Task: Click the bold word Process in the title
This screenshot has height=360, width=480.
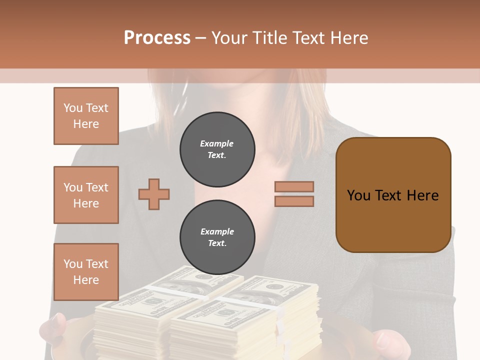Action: pyautogui.click(x=157, y=37)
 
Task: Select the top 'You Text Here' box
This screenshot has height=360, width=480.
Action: pyautogui.click(x=86, y=116)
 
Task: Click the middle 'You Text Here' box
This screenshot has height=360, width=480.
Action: pyautogui.click(x=86, y=195)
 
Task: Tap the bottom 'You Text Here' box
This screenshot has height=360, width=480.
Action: pyautogui.click(x=86, y=271)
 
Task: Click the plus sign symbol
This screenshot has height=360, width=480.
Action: pyautogui.click(x=154, y=194)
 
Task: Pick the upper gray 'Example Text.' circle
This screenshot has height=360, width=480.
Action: pyautogui.click(x=217, y=149)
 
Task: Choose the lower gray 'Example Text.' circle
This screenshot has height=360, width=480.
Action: pyautogui.click(x=217, y=237)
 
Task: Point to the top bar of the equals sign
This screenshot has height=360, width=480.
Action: pyautogui.click(x=294, y=186)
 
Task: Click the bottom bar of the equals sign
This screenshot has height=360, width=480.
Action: pyautogui.click(x=294, y=201)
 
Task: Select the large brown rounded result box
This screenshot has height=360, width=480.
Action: pyautogui.click(x=393, y=195)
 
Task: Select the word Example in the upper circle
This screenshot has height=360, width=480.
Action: pyautogui.click(x=217, y=143)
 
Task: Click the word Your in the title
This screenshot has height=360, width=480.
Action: pyautogui.click(x=229, y=38)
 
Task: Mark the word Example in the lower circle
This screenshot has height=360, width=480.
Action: pyautogui.click(x=217, y=231)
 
